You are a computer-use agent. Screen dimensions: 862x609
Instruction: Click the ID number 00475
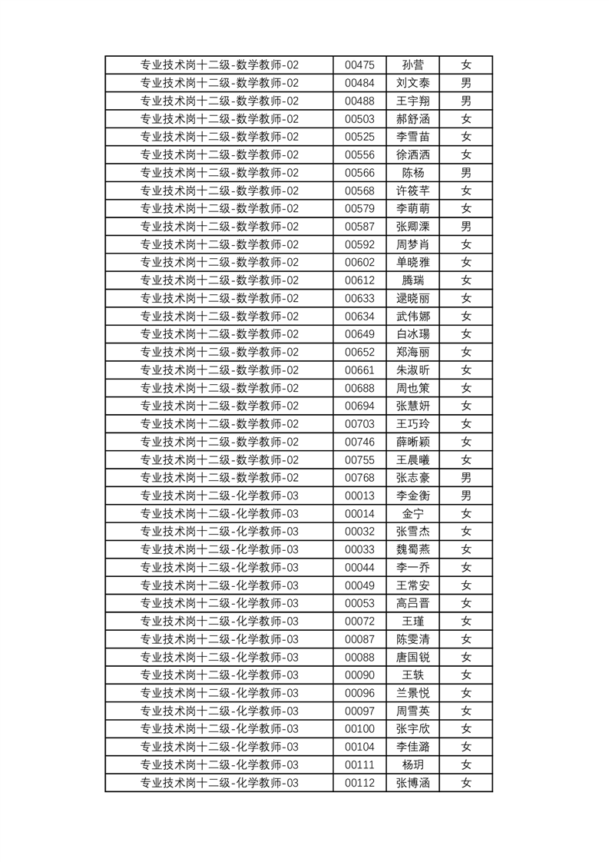(x=359, y=65)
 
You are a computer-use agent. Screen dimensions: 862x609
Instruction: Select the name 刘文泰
(x=412, y=83)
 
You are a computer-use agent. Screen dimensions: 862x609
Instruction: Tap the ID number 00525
(x=359, y=137)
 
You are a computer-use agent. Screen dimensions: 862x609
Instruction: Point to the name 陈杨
(x=412, y=173)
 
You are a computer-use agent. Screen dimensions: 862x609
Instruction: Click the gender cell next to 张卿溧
(x=465, y=227)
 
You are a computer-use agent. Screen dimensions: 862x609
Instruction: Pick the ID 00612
(x=359, y=280)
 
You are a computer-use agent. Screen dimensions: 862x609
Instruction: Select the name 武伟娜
(x=412, y=317)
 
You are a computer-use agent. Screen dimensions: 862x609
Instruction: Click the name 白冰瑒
(x=412, y=334)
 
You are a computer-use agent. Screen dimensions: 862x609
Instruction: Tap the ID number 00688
(x=359, y=388)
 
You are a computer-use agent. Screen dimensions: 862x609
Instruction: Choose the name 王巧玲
(x=412, y=424)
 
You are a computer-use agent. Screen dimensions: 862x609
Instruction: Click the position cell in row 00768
(x=219, y=478)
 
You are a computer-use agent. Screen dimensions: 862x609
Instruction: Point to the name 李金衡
(x=412, y=496)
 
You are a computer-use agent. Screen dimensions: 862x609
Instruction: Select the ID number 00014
(x=359, y=514)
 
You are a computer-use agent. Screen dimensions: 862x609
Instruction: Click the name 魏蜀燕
(x=412, y=549)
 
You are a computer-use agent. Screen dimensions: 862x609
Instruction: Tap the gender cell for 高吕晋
(x=465, y=603)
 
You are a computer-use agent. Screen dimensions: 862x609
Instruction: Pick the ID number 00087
(x=359, y=639)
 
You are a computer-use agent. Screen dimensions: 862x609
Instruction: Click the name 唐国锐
(x=412, y=657)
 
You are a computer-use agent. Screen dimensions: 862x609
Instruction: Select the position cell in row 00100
(x=219, y=729)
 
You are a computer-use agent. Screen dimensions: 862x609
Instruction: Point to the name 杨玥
(x=412, y=765)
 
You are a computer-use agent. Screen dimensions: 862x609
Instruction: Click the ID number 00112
(x=359, y=783)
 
